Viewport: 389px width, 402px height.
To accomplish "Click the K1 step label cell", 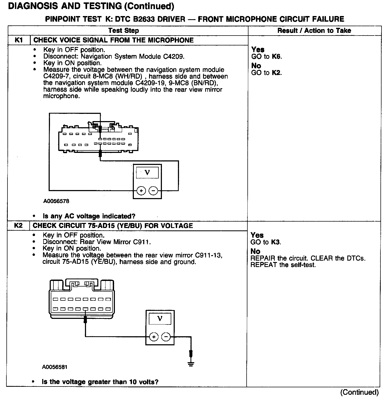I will [x=19, y=40].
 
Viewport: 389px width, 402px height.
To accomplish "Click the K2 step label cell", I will [x=18, y=226].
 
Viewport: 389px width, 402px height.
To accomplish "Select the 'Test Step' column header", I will [x=123, y=30].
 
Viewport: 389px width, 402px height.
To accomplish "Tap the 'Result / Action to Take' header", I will [x=314, y=30].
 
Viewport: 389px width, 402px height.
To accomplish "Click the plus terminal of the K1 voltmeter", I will [x=141, y=191].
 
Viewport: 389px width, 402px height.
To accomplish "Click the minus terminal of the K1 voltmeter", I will [x=153, y=191].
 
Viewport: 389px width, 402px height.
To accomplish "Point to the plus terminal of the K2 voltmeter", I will [x=154, y=337].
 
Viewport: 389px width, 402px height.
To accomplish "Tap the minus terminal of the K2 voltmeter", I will [x=166, y=337].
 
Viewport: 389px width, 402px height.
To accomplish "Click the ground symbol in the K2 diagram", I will [x=190, y=364].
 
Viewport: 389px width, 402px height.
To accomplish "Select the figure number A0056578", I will [x=56, y=201].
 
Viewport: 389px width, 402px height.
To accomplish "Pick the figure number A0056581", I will [x=55, y=367].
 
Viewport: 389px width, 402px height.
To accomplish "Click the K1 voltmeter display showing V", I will [x=147, y=172].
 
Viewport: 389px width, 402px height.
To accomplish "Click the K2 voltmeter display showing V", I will [x=160, y=319].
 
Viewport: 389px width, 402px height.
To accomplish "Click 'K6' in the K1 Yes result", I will [x=277, y=57].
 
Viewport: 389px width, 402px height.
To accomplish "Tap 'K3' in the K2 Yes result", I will [x=275, y=242].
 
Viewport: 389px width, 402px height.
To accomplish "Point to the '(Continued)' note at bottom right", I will [x=359, y=392].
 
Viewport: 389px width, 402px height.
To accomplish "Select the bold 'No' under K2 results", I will [x=256, y=252].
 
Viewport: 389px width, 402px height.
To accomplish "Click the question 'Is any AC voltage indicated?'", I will [x=89, y=216].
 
